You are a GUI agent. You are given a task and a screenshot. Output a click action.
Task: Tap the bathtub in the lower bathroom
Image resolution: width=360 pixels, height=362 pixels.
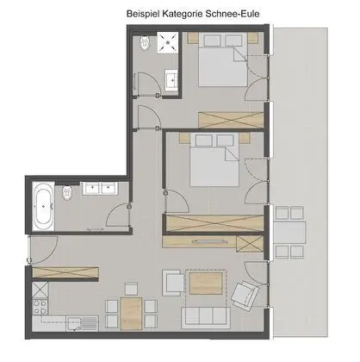(43, 207)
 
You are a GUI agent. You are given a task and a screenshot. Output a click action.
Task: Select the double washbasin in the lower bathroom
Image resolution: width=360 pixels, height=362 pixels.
(100, 190)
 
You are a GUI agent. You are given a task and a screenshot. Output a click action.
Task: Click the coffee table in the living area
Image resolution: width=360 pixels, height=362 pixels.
(207, 284)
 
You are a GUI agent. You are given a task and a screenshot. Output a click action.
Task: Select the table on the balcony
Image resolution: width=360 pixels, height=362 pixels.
(290, 232)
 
